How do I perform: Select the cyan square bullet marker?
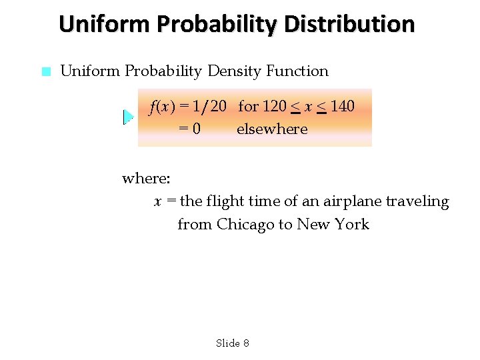(45, 71)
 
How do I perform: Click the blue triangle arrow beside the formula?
(128, 117)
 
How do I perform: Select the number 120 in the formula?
(275, 106)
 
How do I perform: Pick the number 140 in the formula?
(342, 106)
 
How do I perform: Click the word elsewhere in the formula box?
(272, 129)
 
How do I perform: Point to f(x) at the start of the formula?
(162, 106)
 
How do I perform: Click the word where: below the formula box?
(146, 178)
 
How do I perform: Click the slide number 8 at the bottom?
(246, 343)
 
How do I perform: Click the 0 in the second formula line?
(195, 129)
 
